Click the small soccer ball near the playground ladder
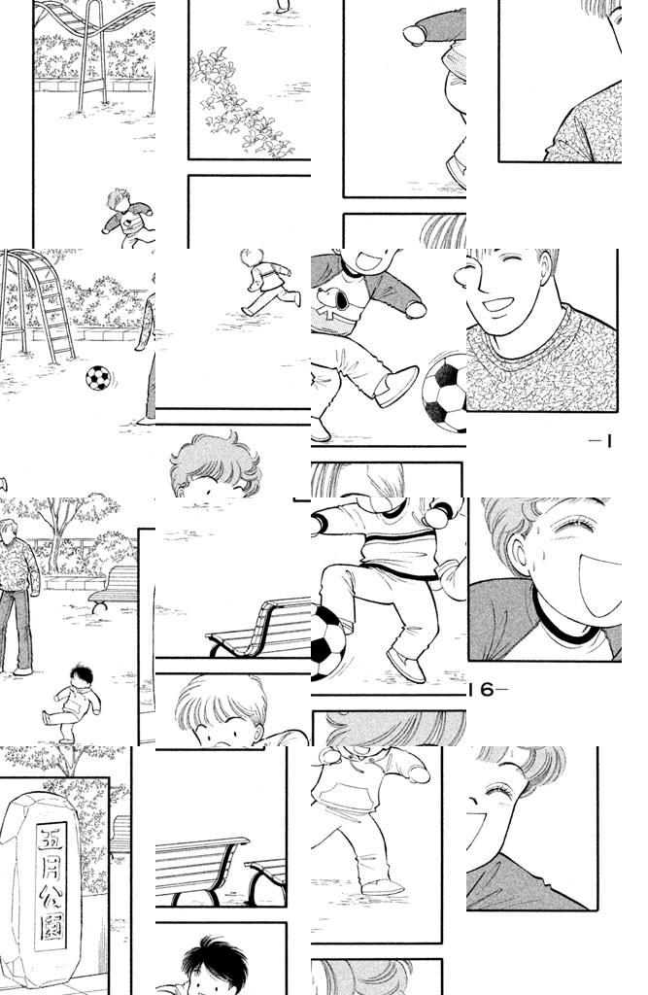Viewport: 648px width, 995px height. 98,378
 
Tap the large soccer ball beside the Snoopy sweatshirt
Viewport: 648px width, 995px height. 446,393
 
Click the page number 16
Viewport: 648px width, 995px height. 486,690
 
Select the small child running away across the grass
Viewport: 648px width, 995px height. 271,283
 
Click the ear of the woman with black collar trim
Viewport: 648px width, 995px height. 518,553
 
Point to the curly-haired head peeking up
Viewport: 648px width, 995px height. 216,464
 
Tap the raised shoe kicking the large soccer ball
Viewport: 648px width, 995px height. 396,387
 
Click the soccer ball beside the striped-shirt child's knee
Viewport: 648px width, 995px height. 327,641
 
